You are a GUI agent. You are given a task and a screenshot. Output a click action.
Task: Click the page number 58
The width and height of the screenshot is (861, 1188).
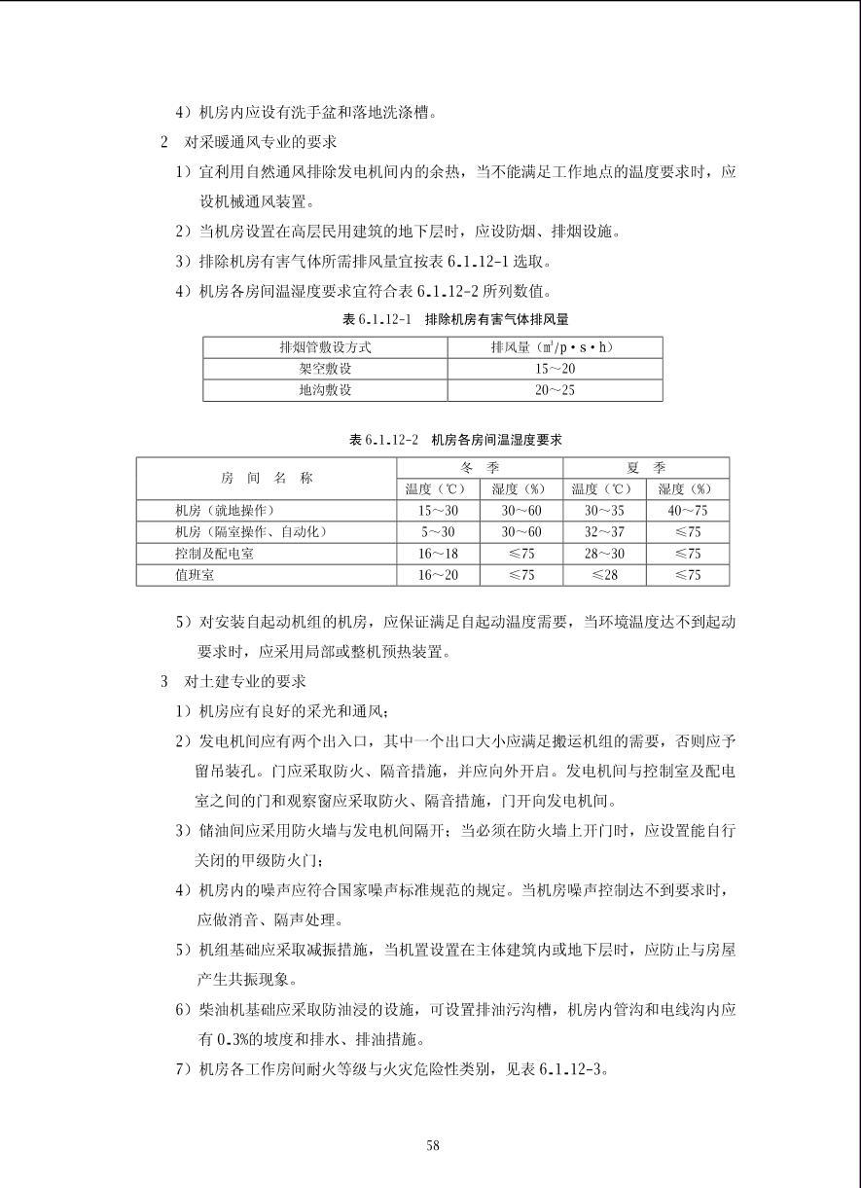432,1145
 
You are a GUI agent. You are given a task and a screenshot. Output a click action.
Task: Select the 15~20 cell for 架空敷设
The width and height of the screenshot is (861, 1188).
555,369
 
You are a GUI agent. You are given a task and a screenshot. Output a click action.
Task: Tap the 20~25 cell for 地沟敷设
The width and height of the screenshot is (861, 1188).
555,390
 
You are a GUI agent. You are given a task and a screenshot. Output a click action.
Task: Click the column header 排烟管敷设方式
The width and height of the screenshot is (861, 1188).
325,347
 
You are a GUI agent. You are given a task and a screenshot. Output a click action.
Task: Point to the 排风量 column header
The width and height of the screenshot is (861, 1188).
555,347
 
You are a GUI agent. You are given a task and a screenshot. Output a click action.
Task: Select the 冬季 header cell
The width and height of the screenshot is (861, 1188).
480,468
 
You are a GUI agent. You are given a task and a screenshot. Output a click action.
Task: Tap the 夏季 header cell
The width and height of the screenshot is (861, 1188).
646,468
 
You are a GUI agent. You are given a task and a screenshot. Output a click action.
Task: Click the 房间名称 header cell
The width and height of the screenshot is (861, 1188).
267,478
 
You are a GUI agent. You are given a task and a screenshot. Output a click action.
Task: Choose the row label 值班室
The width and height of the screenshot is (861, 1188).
195,575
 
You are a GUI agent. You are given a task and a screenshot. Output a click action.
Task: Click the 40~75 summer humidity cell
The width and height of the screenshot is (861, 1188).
688,511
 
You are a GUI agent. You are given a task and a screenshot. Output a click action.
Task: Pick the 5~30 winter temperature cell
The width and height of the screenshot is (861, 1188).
438,532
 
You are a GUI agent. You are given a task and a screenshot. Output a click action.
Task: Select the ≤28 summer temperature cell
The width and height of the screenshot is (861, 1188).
604,575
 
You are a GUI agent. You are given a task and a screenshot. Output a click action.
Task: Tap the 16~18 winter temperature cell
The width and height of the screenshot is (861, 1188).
438,554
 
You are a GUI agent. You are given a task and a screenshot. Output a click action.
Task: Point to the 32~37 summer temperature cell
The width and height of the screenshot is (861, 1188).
604,532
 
